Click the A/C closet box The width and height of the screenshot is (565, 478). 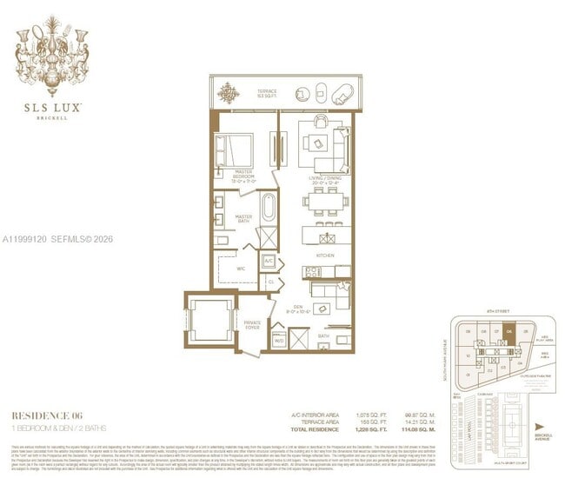[x=269, y=261]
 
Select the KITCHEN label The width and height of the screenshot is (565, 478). [x=325, y=256]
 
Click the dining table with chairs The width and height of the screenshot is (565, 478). [x=326, y=202]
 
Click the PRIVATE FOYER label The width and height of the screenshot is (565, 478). [x=252, y=324]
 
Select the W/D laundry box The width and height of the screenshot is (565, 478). [x=280, y=341]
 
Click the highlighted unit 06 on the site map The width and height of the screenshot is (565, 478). [x=509, y=330]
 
